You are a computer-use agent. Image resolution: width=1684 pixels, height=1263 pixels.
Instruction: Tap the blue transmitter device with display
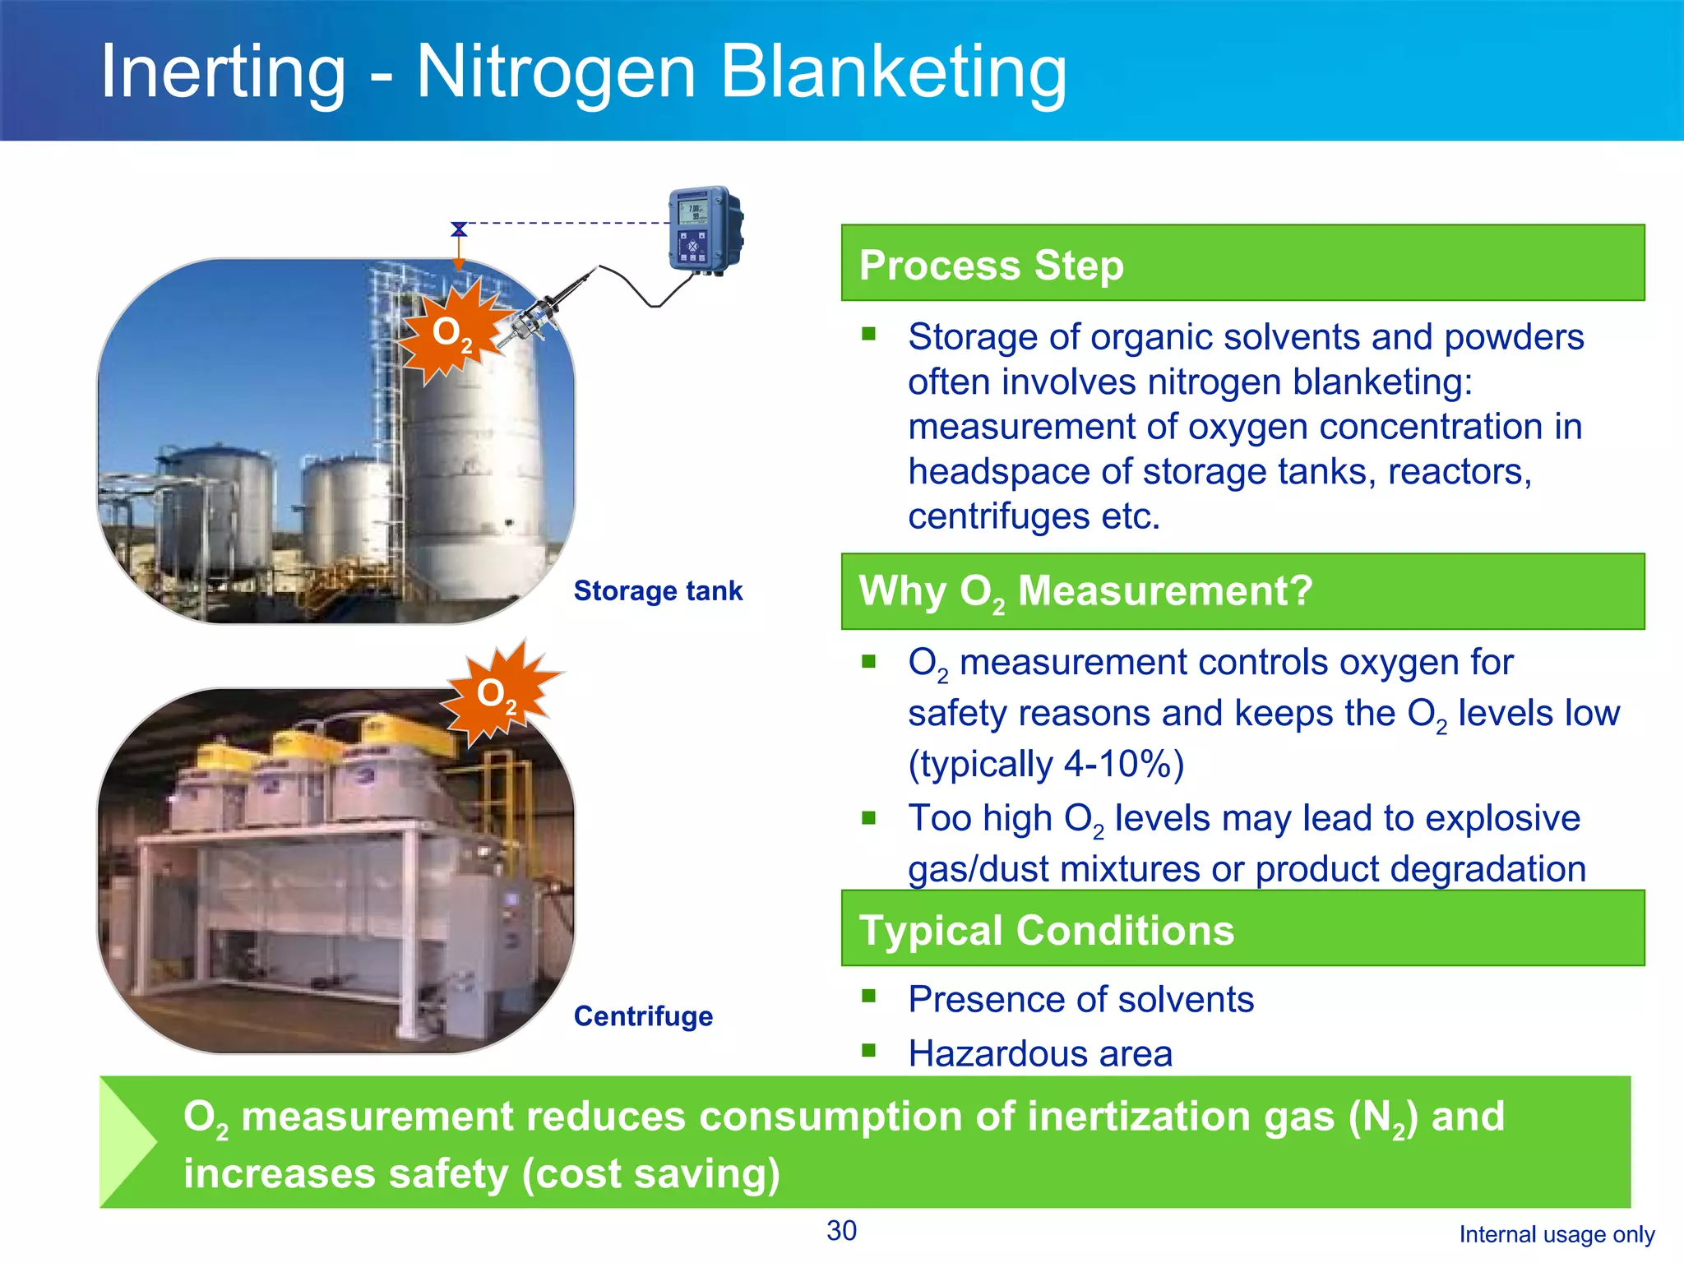pyautogui.click(x=704, y=229)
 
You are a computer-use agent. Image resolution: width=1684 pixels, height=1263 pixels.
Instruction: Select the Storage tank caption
pyautogui.click(x=658, y=590)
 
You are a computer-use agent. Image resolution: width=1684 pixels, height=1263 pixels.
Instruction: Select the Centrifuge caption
pyautogui.click(x=643, y=1016)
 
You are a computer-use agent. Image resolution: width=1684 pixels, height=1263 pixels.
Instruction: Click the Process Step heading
pyautogui.click(x=991, y=265)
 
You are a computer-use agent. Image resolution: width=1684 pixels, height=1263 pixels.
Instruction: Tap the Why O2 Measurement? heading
pyautogui.click(x=1085, y=590)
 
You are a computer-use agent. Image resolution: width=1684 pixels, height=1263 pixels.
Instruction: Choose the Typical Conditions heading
pyautogui.click(x=1046, y=930)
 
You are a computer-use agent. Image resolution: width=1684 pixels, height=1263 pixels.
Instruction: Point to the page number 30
pyautogui.click(x=841, y=1231)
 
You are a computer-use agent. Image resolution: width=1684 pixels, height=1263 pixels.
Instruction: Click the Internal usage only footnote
pyautogui.click(x=1557, y=1234)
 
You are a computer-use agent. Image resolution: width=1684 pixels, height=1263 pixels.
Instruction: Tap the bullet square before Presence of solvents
pyautogui.click(x=869, y=997)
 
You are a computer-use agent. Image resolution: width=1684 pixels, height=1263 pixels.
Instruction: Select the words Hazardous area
pyautogui.click(x=1040, y=1054)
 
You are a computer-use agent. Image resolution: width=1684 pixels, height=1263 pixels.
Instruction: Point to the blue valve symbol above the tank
pyautogui.click(x=459, y=229)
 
